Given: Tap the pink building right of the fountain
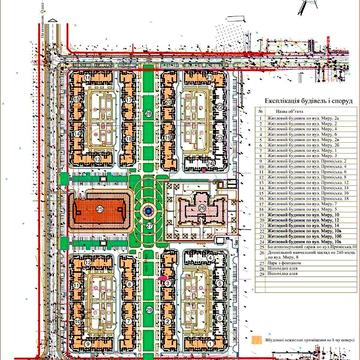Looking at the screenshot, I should (200, 212).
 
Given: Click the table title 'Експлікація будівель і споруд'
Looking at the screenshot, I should (301, 101).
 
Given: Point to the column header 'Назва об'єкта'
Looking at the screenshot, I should (301, 111).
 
